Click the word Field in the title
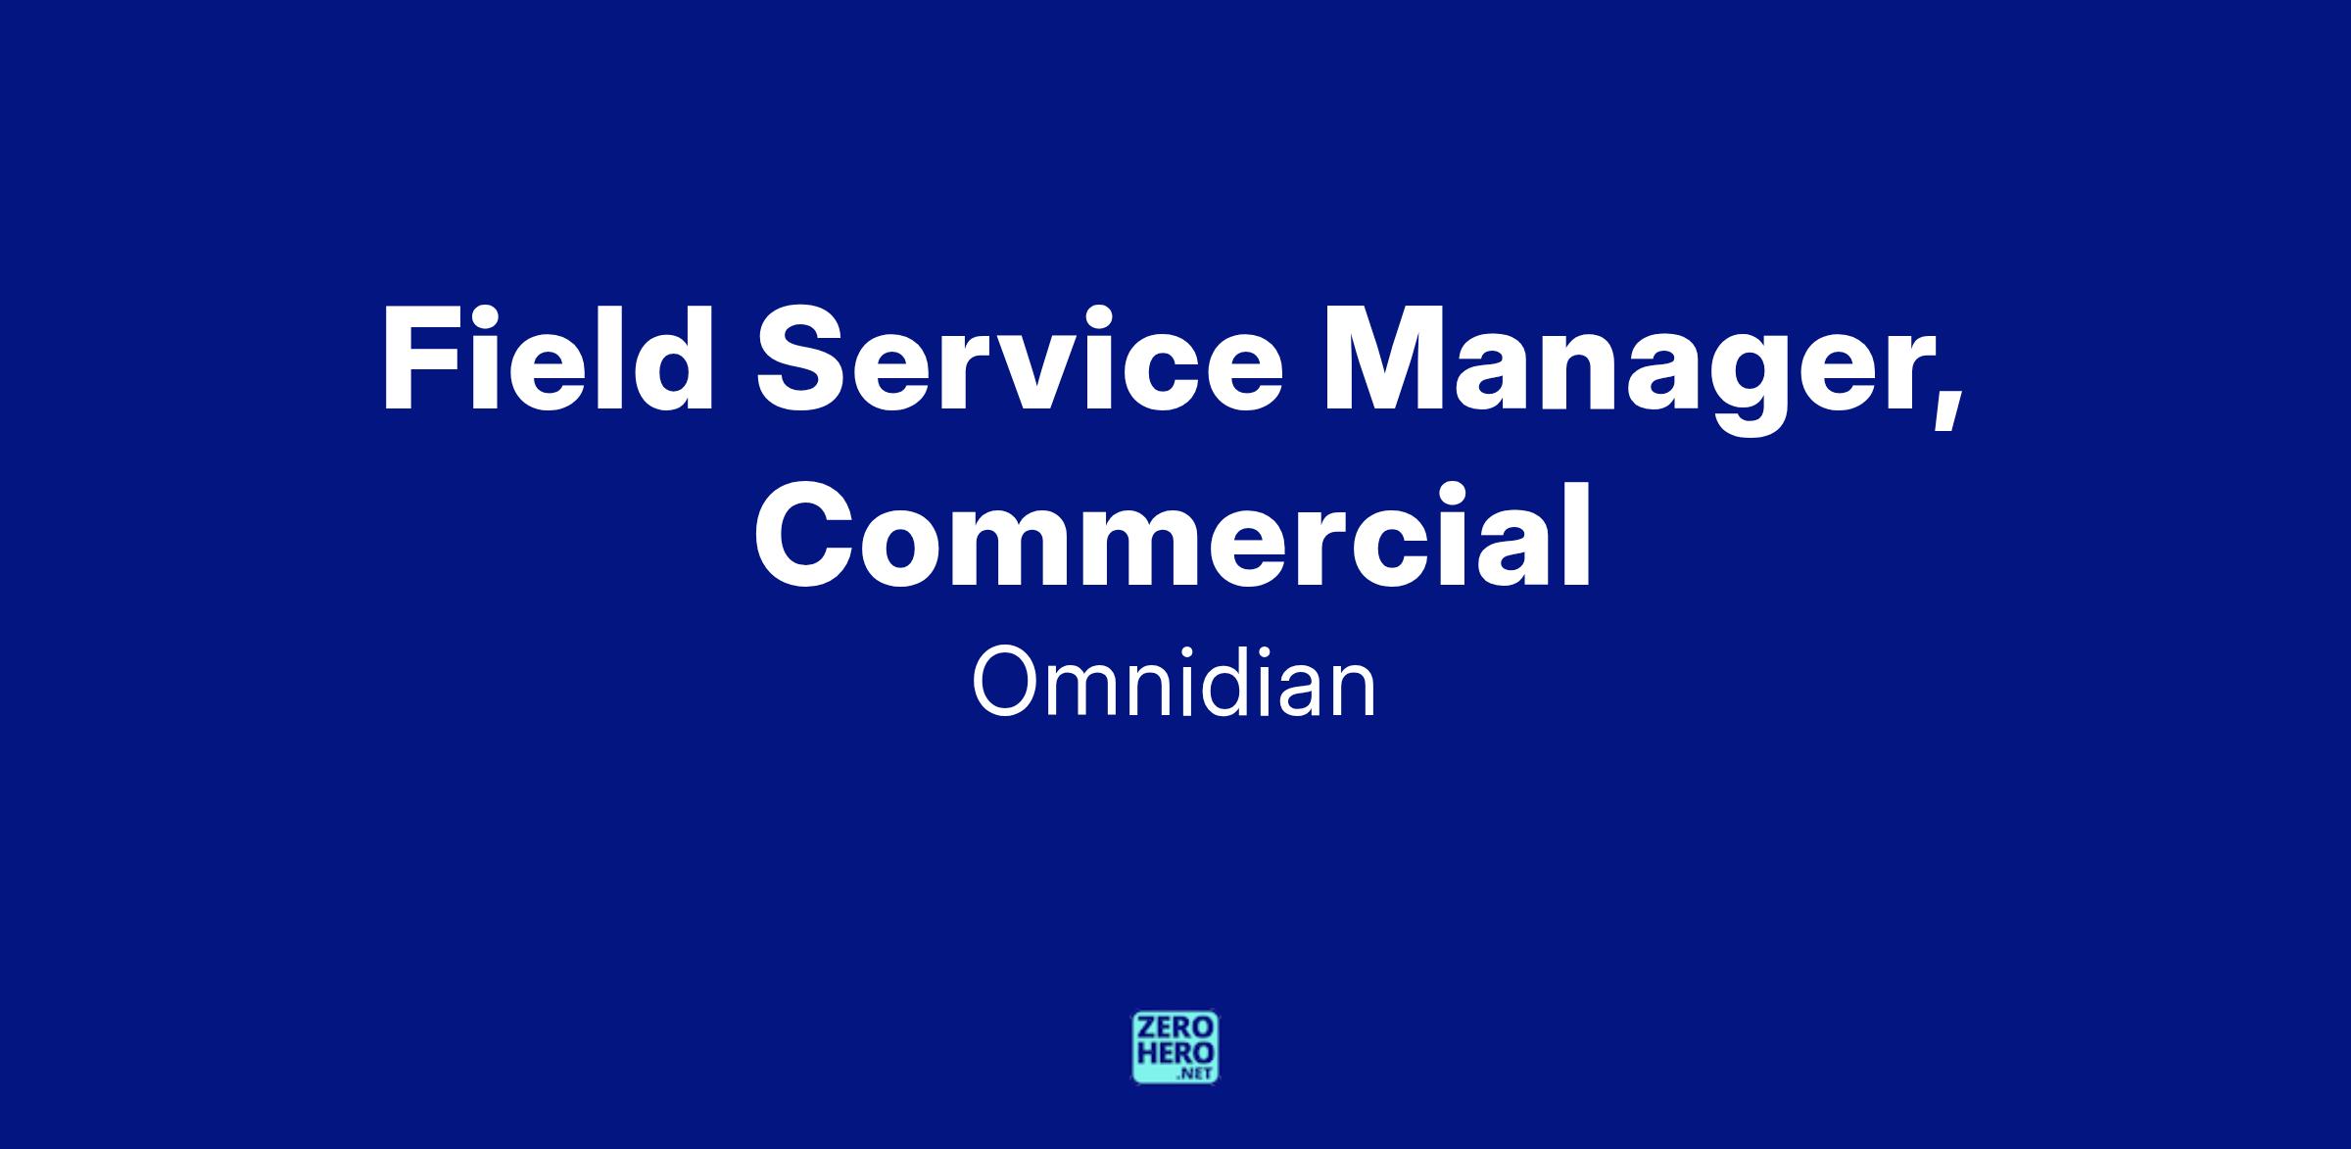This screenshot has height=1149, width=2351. [548, 359]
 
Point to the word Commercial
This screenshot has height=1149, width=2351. [1174, 534]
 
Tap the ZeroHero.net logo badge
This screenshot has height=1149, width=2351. [1175, 1047]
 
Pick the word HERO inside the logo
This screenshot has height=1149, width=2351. [1175, 1053]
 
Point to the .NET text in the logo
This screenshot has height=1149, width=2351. [1196, 1074]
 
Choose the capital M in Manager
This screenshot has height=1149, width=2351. [1386, 359]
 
